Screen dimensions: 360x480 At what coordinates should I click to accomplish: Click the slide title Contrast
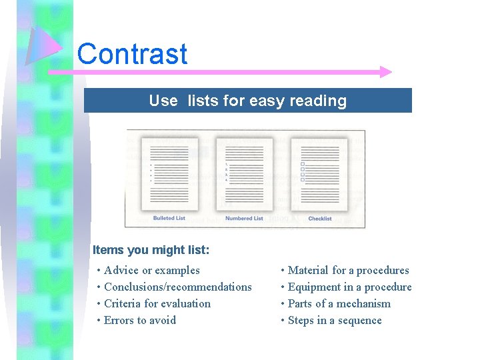[x=132, y=53]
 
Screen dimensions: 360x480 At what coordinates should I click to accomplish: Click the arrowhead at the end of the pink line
[x=385, y=72]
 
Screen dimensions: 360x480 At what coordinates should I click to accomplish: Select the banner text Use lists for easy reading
[x=247, y=101]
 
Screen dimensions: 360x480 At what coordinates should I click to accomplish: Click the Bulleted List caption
[x=169, y=218]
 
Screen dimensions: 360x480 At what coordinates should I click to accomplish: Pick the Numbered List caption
[x=244, y=218]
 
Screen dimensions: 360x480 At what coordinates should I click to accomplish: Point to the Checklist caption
[x=319, y=218]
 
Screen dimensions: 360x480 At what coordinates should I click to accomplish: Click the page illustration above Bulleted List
[x=169, y=173]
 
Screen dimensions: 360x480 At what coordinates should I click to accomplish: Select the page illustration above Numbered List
[x=244, y=173]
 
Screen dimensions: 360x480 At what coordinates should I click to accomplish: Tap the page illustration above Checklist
[x=319, y=173]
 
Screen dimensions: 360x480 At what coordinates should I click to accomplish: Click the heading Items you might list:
[x=151, y=250]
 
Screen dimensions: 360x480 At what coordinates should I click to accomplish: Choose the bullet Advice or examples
[x=151, y=270]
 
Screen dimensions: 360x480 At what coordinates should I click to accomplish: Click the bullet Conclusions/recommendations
[x=177, y=287]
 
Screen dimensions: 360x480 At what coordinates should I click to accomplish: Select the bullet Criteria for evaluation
[x=157, y=303]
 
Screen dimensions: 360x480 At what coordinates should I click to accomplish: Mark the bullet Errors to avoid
[x=139, y=320]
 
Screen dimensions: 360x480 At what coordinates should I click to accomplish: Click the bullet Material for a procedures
[x=348, y=270]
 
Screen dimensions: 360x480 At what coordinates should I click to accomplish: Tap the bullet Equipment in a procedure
[x=349, y=287]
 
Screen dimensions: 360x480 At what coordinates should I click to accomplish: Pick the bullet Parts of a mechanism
[x=339, y=303]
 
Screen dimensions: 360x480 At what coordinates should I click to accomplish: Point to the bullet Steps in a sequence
[x=334, y=320]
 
